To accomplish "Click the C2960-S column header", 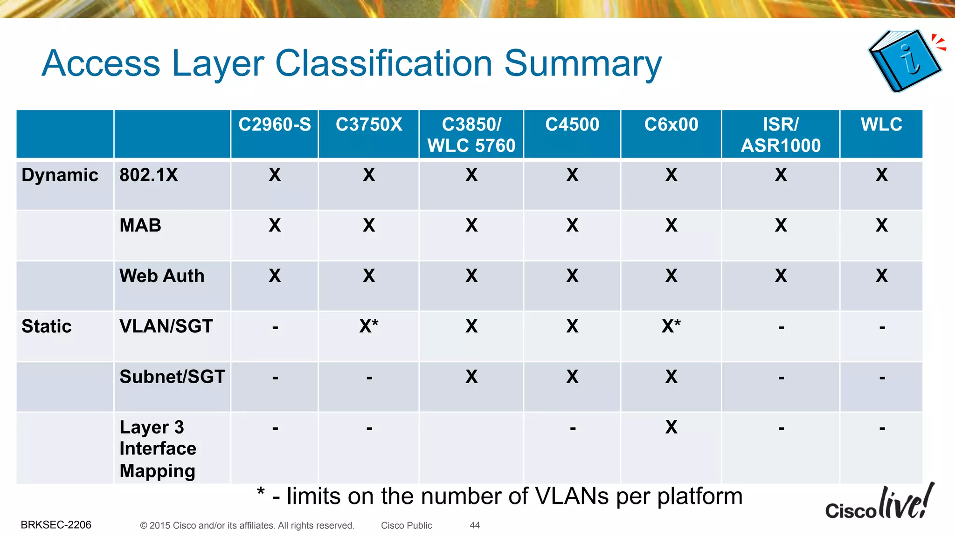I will pyautogui.click(x=275, y=125).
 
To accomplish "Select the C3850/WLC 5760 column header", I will pyautogui.click(x=471, y=135).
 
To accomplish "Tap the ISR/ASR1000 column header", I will pyautogui.click(x=781, y=135).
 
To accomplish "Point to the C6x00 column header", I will pyautogui.click(x=671, y=125).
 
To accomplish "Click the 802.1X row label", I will pyautogui.click(x=149, y=175).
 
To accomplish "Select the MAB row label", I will pyautogui.click(x=140, y=226).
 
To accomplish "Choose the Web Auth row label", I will pyautogui.click(x=162, y=276).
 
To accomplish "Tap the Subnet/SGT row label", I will pyautogui.click(x=172, y=377).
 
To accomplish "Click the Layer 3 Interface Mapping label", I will pyautogui.click(x=158, y=448).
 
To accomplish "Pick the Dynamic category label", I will pyautogui.click(x=60, y=175).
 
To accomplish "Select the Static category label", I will pyautogui.click(x=47, y=326).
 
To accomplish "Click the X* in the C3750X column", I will pyautogui.click(x=369, y=326).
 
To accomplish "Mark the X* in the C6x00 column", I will pyautogui.click(x=671, y=326).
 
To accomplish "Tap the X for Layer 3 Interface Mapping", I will pyautogui.click(x=671, y=427).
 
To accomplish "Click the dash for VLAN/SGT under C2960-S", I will pyautogui.click(x=275, y=328).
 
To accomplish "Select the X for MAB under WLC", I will pyautogui.click(x=881, y=226).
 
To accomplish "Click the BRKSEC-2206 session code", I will pyautogui.click(x=56, y=525).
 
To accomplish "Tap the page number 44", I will pyautogui.click(x=475, y=525).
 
